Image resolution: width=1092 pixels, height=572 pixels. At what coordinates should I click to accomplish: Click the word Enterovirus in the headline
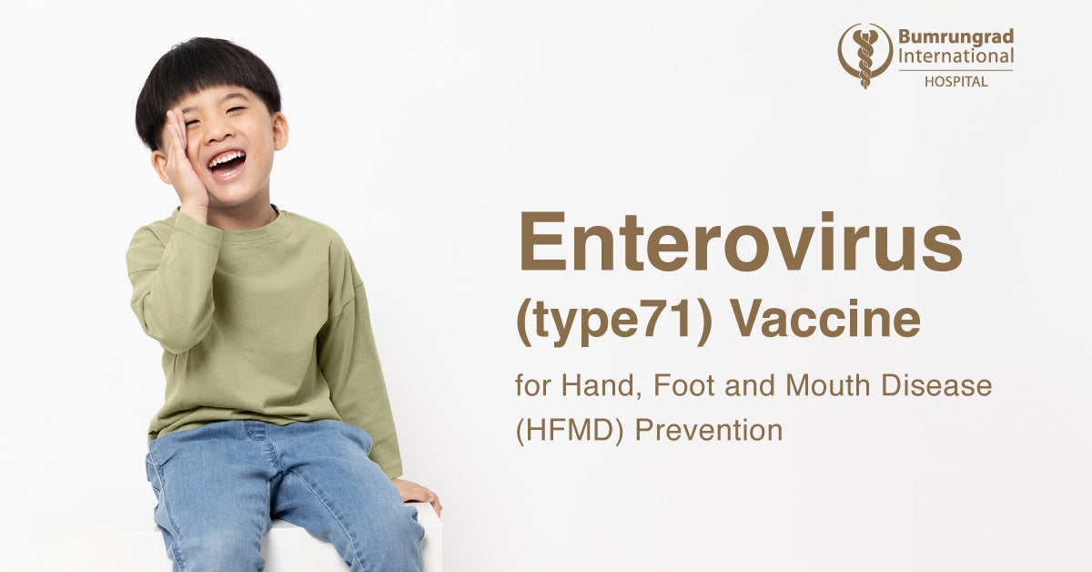(740, 241)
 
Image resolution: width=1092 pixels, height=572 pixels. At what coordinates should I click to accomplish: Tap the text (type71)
(614, 323)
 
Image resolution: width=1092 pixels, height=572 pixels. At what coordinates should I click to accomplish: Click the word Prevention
(708, 430)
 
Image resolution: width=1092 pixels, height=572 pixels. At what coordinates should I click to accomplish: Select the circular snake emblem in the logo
(864, 55)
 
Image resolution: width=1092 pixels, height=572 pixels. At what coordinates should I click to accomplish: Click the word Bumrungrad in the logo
(955, 37)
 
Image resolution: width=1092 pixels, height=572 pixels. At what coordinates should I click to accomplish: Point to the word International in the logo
(955, 56)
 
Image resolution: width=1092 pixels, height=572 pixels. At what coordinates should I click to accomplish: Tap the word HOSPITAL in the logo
(955, 81)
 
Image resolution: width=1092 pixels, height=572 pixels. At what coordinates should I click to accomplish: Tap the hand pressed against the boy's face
(183, 159)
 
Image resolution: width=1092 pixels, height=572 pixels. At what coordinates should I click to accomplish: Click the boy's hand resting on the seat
(419, 493)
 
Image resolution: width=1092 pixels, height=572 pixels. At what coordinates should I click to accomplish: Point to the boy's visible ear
(279, 131)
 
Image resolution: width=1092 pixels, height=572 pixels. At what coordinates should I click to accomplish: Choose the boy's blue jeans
(273, 492)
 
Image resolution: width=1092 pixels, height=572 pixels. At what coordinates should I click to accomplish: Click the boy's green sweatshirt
(264, 310)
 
